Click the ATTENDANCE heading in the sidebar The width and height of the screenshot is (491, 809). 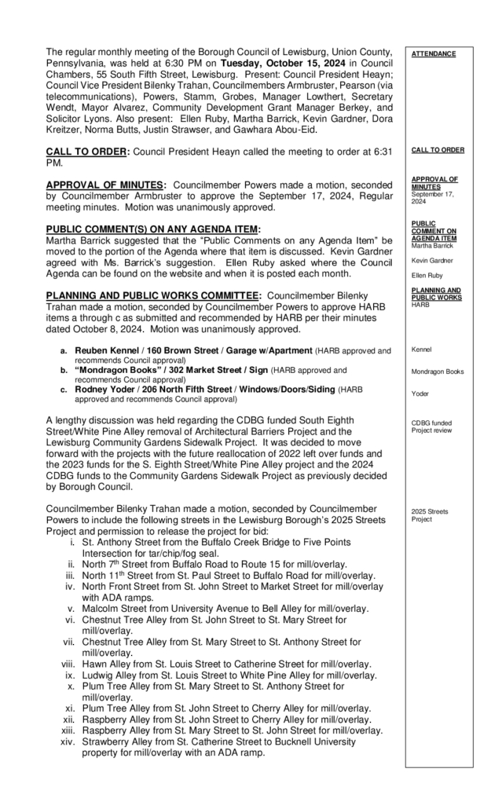(x=433, y=53)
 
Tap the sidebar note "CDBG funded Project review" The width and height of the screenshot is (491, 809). (x=431, y=427)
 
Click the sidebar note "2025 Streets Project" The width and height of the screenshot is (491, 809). (x=429, y=514)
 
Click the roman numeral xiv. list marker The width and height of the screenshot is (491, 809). (x=68, y=742)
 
